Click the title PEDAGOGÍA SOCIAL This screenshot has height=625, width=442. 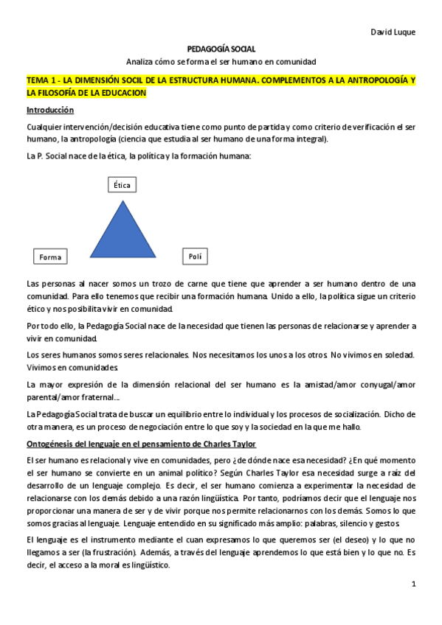[221, 48]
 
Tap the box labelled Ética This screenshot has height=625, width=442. [122, 185]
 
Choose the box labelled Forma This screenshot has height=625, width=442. [50, 256]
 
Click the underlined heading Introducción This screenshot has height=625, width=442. [50, 110]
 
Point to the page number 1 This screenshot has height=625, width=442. [414, 584]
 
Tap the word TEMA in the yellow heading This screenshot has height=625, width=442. [38, 80]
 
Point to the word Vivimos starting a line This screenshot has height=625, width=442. [41, 366]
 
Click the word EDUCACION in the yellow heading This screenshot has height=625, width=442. [122, 93]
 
